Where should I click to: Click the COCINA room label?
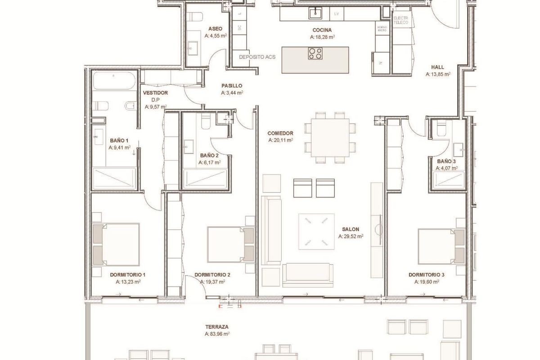coord(322,30)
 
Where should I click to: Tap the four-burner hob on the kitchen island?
coord(315,54)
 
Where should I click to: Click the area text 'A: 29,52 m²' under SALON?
coord(351,236)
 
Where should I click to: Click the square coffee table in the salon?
coord(316,231)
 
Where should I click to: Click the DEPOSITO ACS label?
coord(257,58)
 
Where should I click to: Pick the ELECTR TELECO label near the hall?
coord(400,20)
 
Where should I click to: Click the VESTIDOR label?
coord(153,93)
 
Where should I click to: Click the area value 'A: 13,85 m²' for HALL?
coord(438,75)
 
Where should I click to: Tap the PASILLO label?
coord(232,85)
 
